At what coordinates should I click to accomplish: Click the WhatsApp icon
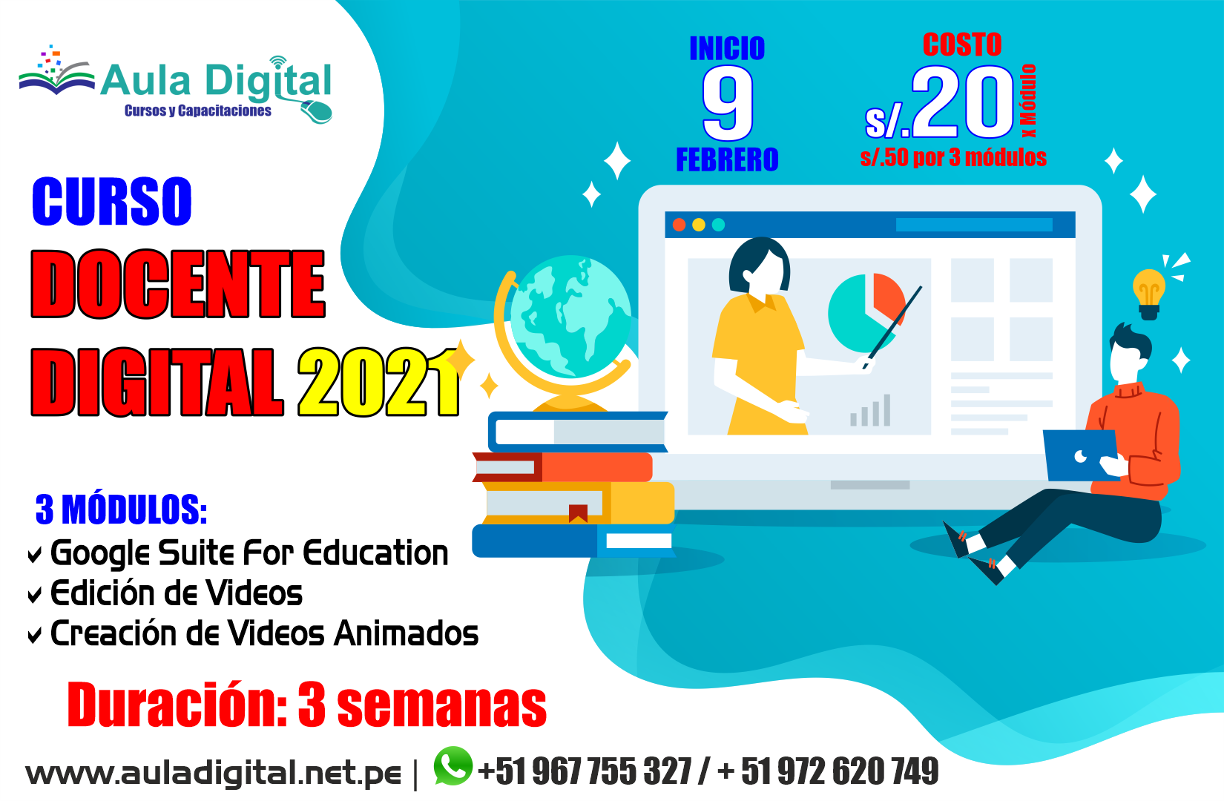click(453, 765)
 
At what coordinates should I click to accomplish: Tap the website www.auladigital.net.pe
click(214, 774)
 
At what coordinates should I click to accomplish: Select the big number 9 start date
click(727, 105)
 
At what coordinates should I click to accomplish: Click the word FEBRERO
click(727, 159)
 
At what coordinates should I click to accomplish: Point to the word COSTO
click(962, 44)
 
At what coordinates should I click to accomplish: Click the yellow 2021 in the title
click(378, 383)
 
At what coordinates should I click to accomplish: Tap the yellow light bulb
click(1148, 294)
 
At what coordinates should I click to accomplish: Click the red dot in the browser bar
click(680, 225)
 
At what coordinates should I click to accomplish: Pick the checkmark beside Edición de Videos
click(34, 595)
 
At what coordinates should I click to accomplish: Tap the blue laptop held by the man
click(1079, 455)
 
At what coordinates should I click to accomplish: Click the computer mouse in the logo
click(316, 111)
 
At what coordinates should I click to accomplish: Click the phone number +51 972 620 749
click(828, 771)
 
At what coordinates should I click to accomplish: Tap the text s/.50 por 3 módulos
click(953, 157)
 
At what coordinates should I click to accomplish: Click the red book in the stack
click(563, 467)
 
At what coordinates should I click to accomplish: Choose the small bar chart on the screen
click(870, 410)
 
